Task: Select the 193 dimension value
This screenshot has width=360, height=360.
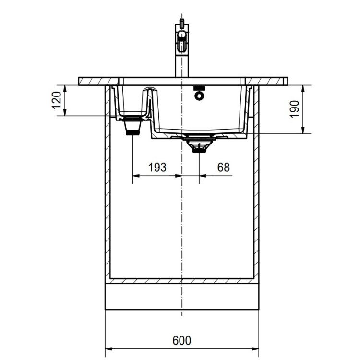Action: [x=157, y=167]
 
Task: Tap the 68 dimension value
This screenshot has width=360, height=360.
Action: [x=223, y=167]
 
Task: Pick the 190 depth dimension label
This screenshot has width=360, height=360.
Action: [x=295, y=109]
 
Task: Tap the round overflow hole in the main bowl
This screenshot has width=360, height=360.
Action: [x=198, y=96]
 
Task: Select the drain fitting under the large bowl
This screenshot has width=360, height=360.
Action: [x=198, y=145]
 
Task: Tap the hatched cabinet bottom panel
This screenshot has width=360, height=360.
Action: [x=181, y=280]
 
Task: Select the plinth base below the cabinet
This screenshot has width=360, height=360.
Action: [x=181, y=296]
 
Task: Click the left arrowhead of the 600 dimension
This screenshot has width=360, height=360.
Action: [x=107, y=348]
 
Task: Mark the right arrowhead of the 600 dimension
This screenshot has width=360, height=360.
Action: [x=256, y=348]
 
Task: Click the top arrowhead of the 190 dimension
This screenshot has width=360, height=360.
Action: [x=303, y=87]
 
